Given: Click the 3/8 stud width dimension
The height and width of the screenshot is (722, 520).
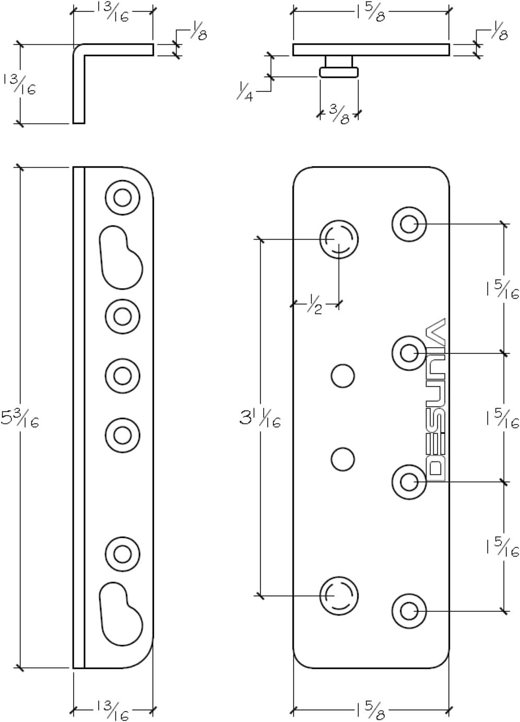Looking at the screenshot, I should tap(339, 114).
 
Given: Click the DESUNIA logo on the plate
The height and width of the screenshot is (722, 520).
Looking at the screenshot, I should tap(435, 399).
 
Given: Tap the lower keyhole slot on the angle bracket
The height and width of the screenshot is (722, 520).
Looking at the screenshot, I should tap(121, 613).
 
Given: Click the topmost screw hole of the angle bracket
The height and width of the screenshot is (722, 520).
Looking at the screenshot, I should tap(123, 197).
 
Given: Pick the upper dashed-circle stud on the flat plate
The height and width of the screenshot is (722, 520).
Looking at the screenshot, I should tap(339, 240).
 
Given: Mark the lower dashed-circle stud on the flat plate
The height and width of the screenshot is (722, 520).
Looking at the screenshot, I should tap(339, 596).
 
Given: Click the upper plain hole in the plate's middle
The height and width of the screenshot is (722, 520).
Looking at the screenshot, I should tap(342, 376).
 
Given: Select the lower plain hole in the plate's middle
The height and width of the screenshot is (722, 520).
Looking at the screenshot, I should tap(342, 459).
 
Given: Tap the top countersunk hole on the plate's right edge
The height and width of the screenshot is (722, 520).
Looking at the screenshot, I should tap(409, 224).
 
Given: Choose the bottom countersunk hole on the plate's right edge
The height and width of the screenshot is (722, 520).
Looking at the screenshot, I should tap(409, 610).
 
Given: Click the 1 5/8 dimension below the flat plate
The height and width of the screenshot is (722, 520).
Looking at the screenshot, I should tap(371, 711).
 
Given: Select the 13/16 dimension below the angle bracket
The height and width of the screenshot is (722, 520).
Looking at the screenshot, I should tap(113, 711).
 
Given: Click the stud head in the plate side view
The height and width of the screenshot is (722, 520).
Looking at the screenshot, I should tap(339, 72).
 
